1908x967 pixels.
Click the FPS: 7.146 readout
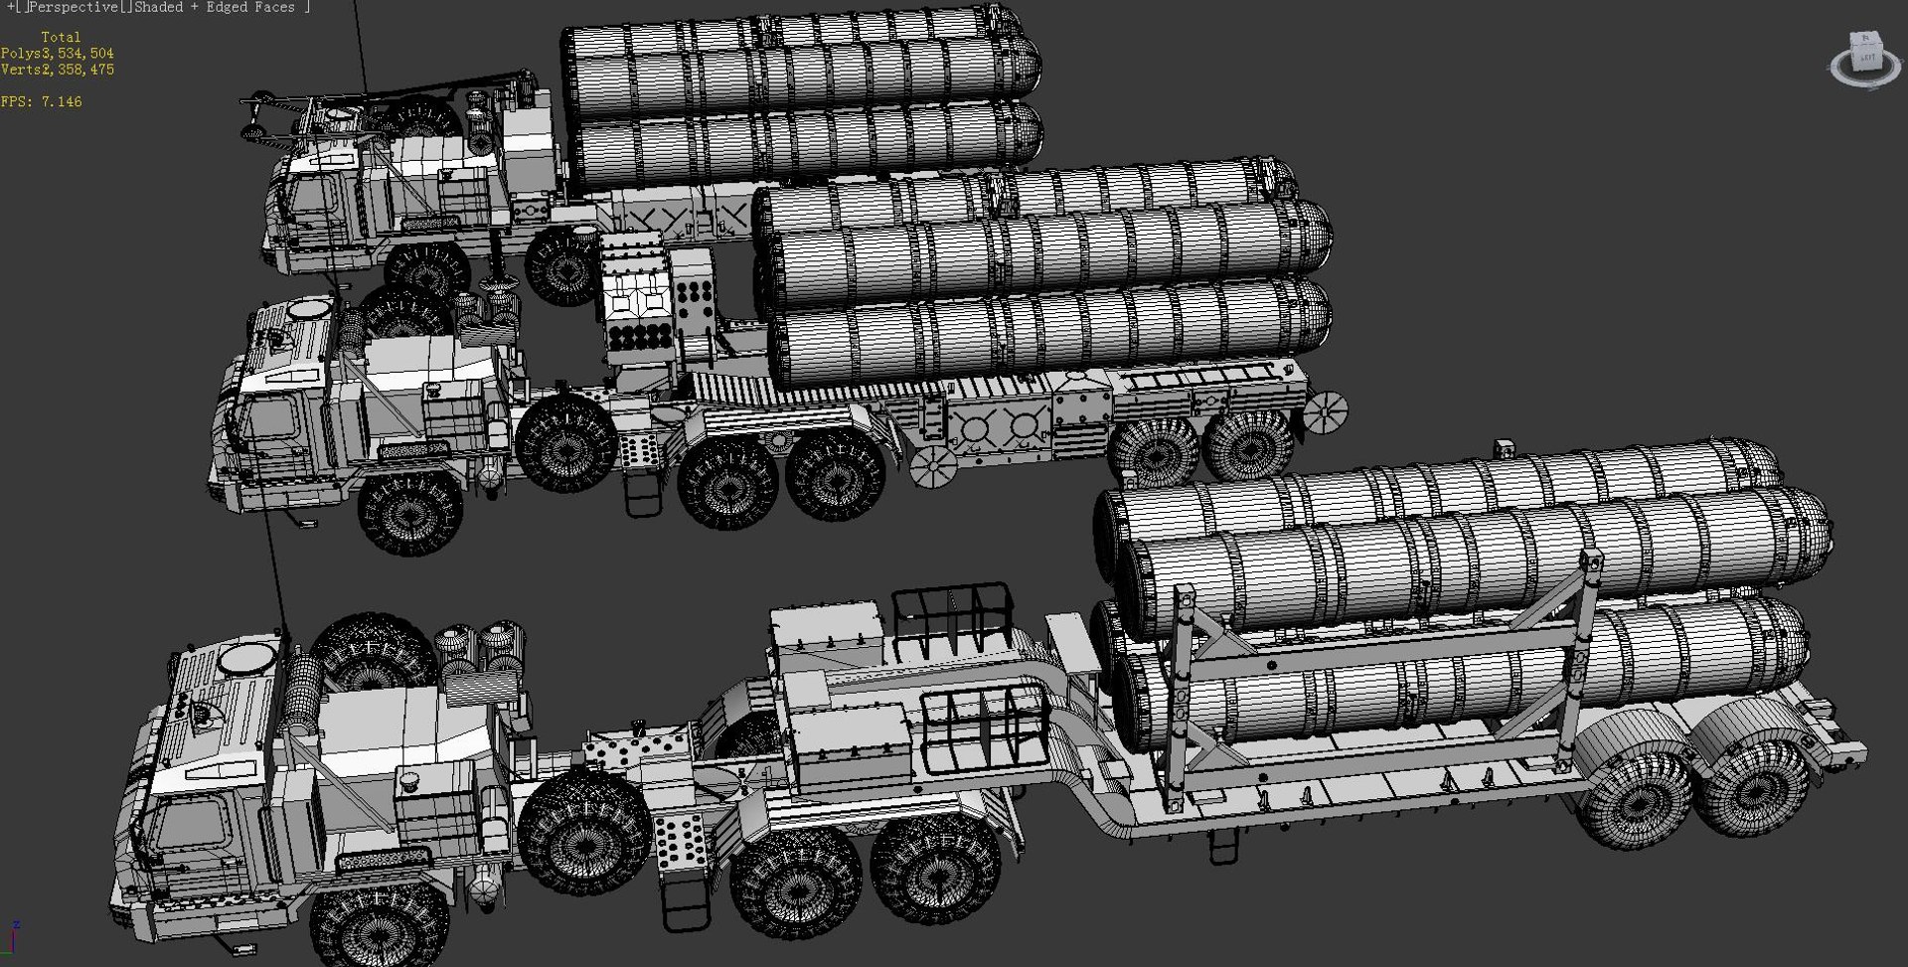[42, 101]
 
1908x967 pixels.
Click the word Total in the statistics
[61, 37]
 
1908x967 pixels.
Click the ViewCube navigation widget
[1865, 59]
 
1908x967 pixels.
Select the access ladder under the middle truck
[641, 492]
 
